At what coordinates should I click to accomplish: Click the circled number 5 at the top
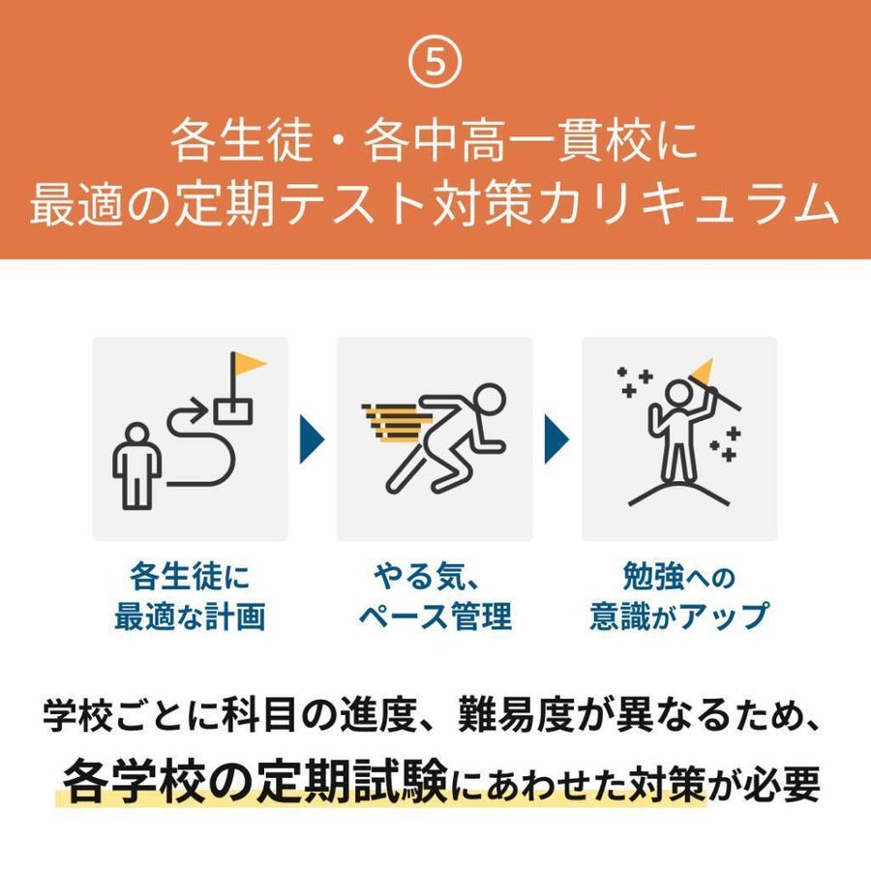pos(435,63)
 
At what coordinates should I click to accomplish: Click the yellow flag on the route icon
pos(250,366)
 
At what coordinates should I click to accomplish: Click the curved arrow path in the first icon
pos(198,445)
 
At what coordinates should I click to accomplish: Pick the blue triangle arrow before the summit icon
pos(556,437)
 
